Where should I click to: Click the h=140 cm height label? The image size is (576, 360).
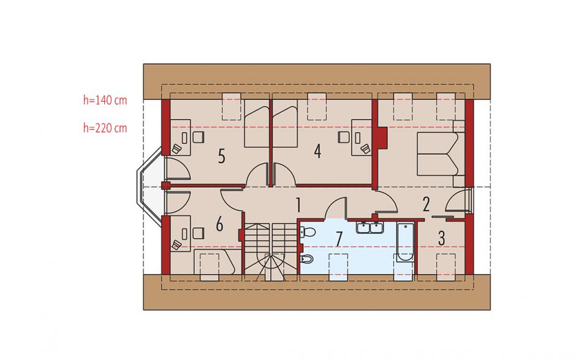coord(105,100)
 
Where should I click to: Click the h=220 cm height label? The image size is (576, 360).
coord(105,128)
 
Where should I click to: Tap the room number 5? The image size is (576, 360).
coord(221,156)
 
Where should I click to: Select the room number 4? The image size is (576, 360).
coord(318,151)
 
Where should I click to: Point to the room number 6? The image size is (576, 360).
coord(219,224)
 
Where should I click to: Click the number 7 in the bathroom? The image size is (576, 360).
coord(339,239)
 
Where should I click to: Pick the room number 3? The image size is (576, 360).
coord(442,238)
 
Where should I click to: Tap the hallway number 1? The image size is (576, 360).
coord(298,205)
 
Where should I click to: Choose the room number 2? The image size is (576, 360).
coord(426,204)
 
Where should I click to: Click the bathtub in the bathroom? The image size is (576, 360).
coord(406,242)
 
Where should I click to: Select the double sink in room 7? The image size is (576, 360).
coord(370,228)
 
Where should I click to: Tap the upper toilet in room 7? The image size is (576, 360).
coord(308,232)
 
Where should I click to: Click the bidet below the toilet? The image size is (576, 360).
coord(307,259)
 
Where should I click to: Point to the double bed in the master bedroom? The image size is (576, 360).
coord(441,154)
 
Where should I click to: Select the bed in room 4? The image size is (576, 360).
coord(285,127)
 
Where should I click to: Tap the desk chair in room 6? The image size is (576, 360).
coord(199,233)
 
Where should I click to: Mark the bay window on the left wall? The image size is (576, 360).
coord(149,186)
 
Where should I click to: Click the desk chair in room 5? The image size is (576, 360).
coord(199,137)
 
